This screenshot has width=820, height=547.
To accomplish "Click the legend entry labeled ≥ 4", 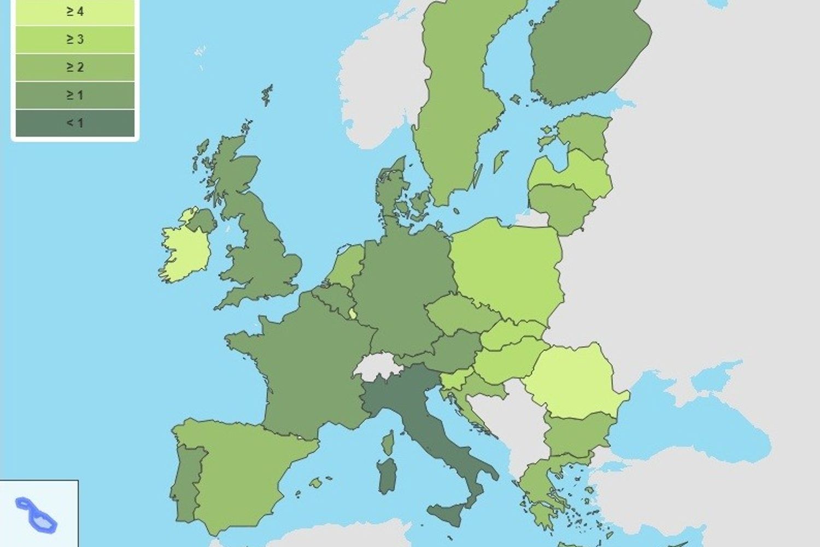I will (75, 11).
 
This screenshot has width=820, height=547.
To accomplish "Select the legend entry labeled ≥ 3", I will (75, 39).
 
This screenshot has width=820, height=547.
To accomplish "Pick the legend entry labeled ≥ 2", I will (75, 67).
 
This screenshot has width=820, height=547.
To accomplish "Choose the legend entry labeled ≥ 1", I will (75, 95).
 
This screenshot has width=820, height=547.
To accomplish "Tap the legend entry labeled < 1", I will (75, 123).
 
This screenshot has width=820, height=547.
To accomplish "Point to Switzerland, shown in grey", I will (377, 366).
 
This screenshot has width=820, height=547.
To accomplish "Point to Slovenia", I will (455, 379).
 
